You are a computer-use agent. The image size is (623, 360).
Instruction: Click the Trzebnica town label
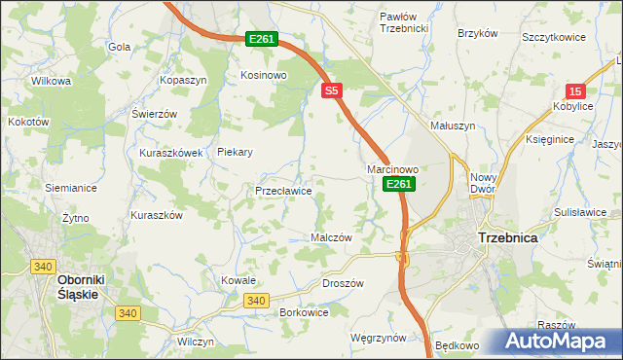[509, 237]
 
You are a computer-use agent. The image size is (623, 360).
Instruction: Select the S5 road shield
[332, 90]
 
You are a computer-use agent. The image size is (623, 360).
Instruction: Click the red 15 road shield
[575, 89]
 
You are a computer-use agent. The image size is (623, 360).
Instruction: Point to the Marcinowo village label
[392, 169]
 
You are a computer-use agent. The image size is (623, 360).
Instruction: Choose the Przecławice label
[283, 191]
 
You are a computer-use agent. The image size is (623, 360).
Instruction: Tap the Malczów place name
[330, 237]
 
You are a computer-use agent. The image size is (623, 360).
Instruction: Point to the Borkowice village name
[303, 312]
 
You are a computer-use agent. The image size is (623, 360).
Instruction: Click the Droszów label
[342, 283]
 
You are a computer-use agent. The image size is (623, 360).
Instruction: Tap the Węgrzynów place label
[378, 338]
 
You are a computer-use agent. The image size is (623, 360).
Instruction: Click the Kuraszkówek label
[170, 153]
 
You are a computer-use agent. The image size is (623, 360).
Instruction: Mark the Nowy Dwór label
[484, 183]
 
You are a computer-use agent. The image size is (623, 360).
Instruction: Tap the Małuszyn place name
[453, 126]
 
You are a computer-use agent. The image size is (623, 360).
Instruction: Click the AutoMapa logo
[560, 341]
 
